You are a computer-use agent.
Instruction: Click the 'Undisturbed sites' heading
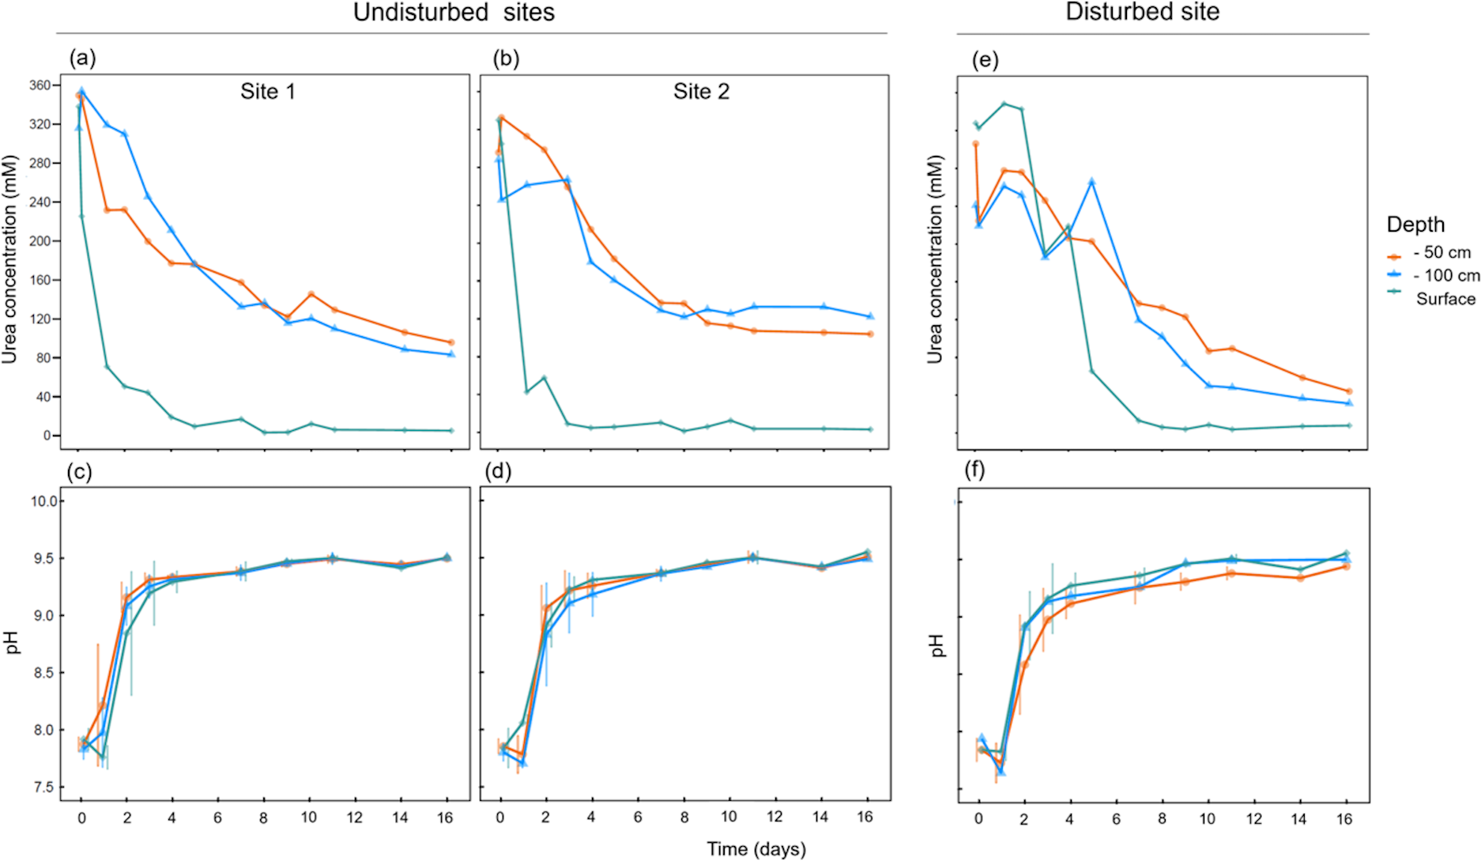tap(454, 13)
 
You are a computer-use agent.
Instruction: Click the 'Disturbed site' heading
tap(1142, 12)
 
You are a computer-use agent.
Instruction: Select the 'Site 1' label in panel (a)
tap(268, 92)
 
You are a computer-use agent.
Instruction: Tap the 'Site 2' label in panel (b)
tap(701, 92)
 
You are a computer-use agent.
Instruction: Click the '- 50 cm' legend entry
tap(1441, 253)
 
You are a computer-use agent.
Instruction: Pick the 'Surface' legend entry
tap(1445, 299)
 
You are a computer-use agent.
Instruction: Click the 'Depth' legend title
tap(1415, 225)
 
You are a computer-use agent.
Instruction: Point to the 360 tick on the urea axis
tap(40, 85)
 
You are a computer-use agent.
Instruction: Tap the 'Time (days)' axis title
tap(756, 849)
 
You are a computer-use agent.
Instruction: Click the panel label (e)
tap(985, 60)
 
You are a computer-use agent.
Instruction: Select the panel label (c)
tap(80, 472)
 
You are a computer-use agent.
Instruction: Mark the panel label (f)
tap(974, 470)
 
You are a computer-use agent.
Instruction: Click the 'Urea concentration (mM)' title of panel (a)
tap(9, 260)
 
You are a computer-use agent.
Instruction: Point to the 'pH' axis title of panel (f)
tap(937, 645)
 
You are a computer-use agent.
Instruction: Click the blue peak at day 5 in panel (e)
tap(1091, 182)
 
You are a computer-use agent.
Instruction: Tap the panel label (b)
tap(506, 59)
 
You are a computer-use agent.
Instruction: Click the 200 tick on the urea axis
tap(40, 241)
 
